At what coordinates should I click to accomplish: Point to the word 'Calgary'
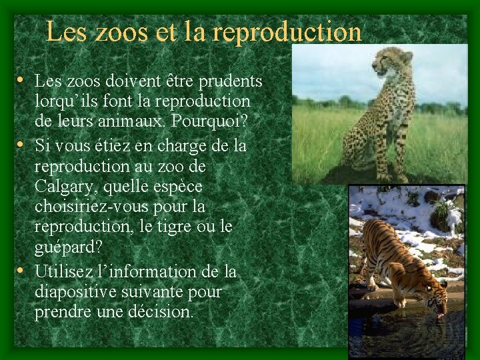tap(62, 185)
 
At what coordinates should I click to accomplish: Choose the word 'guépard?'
tap(69, 248)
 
